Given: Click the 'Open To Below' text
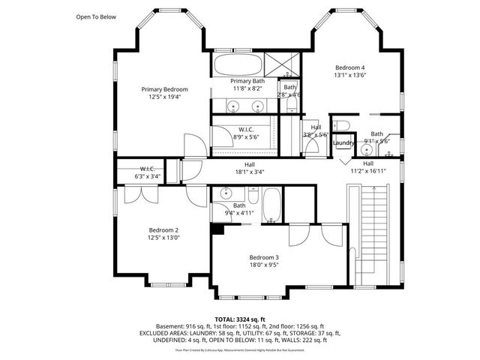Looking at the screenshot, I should tap(96, 16).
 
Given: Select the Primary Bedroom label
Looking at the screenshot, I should tap(164, 89).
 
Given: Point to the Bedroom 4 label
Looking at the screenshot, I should tap(350, 66).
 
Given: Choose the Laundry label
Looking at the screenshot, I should tap(343, 142).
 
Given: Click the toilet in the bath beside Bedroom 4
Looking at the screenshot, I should tap(340, 125).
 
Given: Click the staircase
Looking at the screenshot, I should tap(373, 232).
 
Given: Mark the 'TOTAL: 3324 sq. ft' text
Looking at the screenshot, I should tap(240, 319).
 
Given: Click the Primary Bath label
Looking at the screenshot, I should tap(247, 81).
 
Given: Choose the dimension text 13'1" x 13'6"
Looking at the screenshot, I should tap(350, 74).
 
